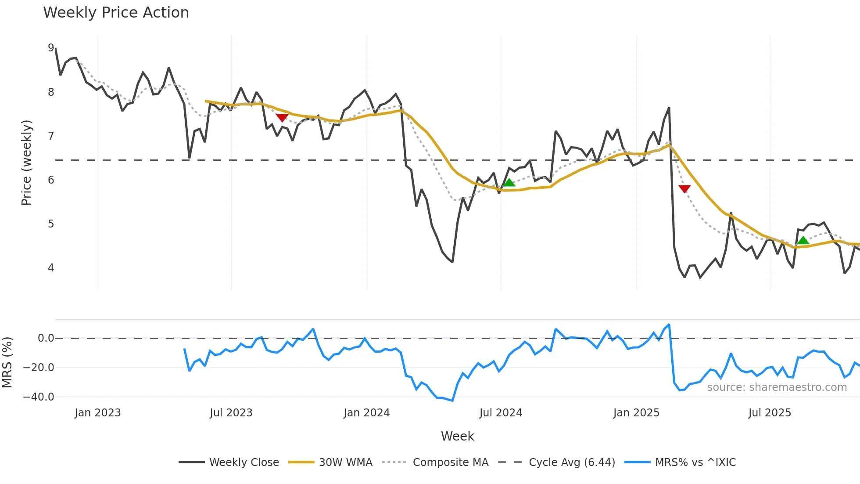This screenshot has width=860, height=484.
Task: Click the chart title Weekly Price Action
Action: (116, 13)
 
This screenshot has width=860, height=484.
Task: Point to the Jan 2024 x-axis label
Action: (366, 413)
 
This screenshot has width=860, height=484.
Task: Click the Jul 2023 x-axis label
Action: (231, 413)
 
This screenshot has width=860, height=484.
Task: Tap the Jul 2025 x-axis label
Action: (770, 413)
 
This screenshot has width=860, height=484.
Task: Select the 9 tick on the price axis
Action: (51, 48)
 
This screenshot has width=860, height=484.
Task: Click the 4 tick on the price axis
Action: (51, 267)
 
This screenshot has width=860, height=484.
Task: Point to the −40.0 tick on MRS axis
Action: (39, 397)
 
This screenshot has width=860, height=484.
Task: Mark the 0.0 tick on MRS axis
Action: (46, 338)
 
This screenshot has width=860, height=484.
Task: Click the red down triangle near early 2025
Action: (684, 189)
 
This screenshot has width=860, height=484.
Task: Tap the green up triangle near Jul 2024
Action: (509, 183)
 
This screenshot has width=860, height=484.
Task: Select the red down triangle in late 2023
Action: (282, 118)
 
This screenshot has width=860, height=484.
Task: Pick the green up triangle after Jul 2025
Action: (803, 240)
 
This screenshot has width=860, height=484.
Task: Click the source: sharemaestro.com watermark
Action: (777, 387)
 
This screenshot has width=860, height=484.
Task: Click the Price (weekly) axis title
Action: (26, 163)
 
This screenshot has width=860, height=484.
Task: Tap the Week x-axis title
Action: (457, 436)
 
